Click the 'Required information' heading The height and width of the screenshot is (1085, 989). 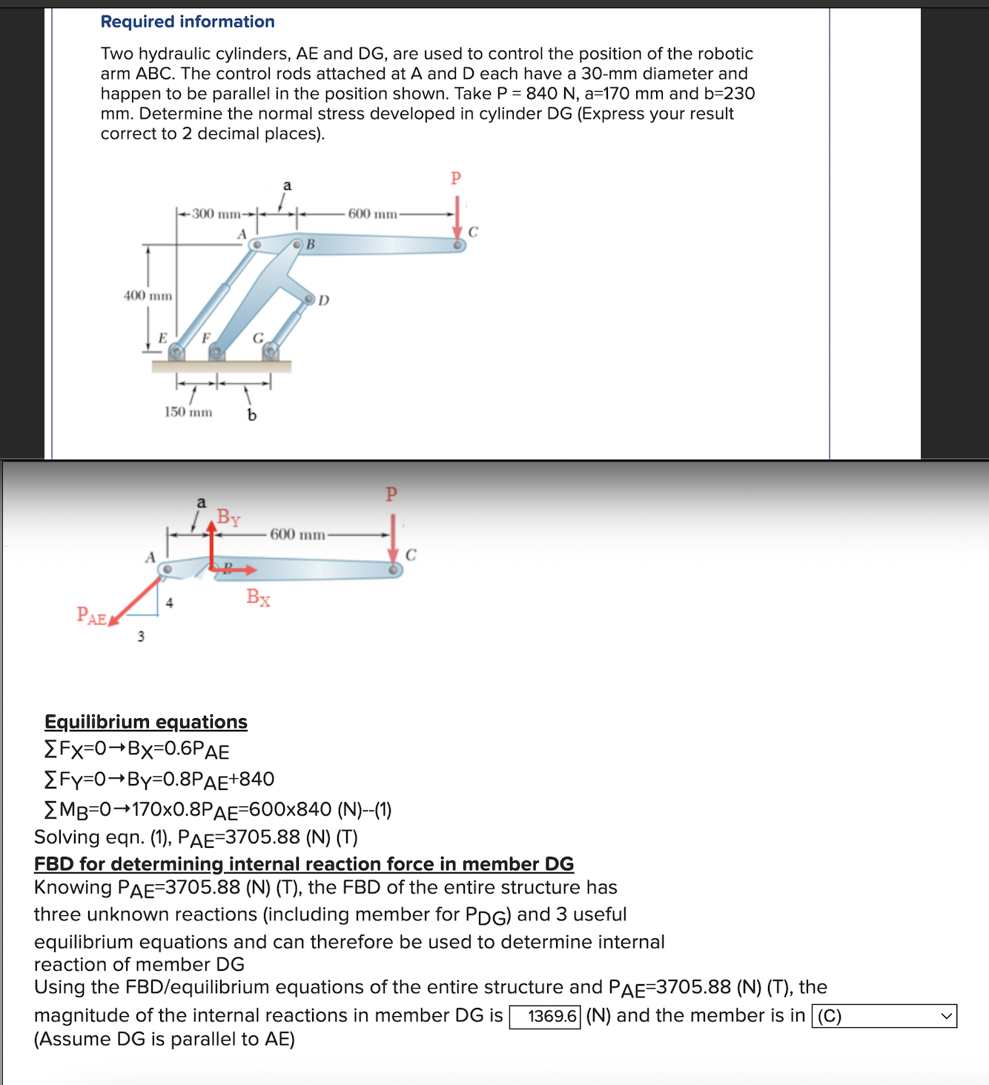click(x=188, y=21)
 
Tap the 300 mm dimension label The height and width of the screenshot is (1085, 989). click(x=216, y=214)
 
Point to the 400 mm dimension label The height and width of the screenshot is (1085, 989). click(x=148, y=296)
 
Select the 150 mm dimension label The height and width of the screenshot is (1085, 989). click(x=188, y=412)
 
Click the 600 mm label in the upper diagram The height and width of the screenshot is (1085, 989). click(x=372, y=214)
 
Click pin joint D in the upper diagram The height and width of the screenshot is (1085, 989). click(x=310, y=299)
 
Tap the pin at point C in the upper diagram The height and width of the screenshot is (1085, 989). click(x=458, y=244)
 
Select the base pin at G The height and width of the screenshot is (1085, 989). click(x=271, y=350)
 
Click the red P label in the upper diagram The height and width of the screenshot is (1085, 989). click(x=456, y=178)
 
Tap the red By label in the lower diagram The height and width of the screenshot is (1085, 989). click(x=228, y=517)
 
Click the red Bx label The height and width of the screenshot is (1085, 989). click(x=258, y=597)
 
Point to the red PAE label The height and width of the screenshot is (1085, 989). click(x=91, y=615)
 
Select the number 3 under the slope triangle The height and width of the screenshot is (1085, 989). click(x=141, y=636)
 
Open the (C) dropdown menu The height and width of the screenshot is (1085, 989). click(x=884, y=1016)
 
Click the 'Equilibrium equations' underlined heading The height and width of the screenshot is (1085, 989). click(x=146, y=722)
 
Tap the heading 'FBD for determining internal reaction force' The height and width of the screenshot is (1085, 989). click(x=304, y=864)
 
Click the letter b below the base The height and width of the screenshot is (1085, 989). click(x=252, y=415)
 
